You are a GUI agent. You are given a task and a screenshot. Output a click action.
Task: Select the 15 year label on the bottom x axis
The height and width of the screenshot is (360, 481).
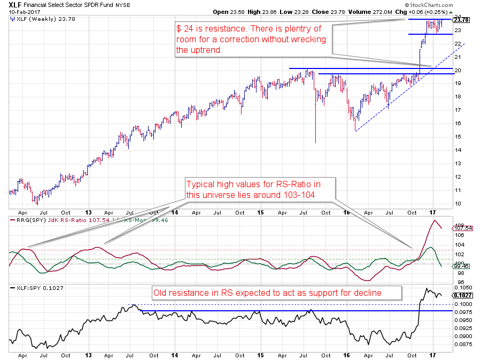[260, 355]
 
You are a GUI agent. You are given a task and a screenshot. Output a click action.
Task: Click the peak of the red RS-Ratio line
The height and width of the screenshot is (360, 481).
[435, 220]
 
